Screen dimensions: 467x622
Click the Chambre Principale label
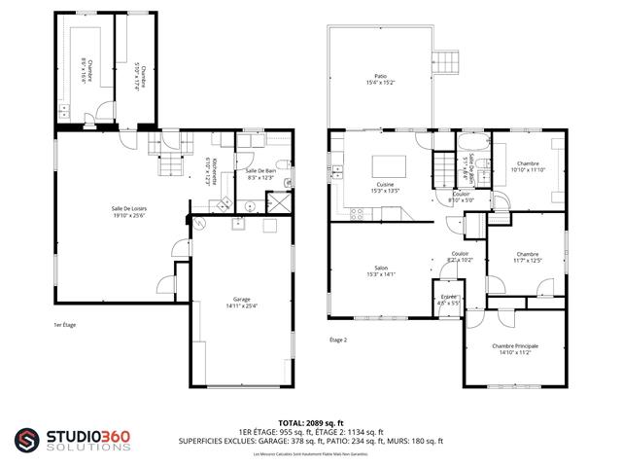coord(514,349)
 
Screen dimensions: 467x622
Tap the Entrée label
coord(448,300)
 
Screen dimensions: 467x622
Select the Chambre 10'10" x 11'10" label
coord(528,166)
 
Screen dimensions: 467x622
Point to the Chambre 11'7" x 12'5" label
coord(526,257)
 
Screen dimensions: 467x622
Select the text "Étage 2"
coord(337,340)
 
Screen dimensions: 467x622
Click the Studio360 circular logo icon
coord(28,441)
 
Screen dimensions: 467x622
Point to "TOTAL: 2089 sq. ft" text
coord(310,422)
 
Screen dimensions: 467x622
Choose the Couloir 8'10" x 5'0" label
coord(461,198)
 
